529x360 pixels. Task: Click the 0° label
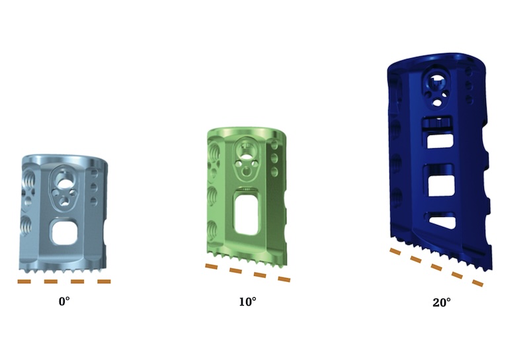coord(64,301)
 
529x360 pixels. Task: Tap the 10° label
coord(247,302)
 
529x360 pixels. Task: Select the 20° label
coord(442,302)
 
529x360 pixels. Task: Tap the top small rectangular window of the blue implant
coord(439,140)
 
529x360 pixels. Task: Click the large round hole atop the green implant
coord(245,151)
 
